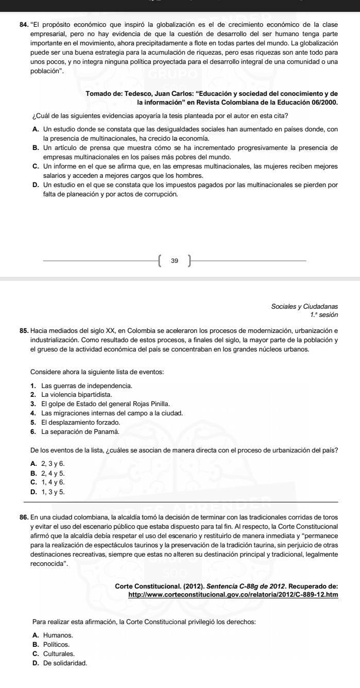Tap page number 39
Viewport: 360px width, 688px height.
pyautogui.click(x=175, y=262)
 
